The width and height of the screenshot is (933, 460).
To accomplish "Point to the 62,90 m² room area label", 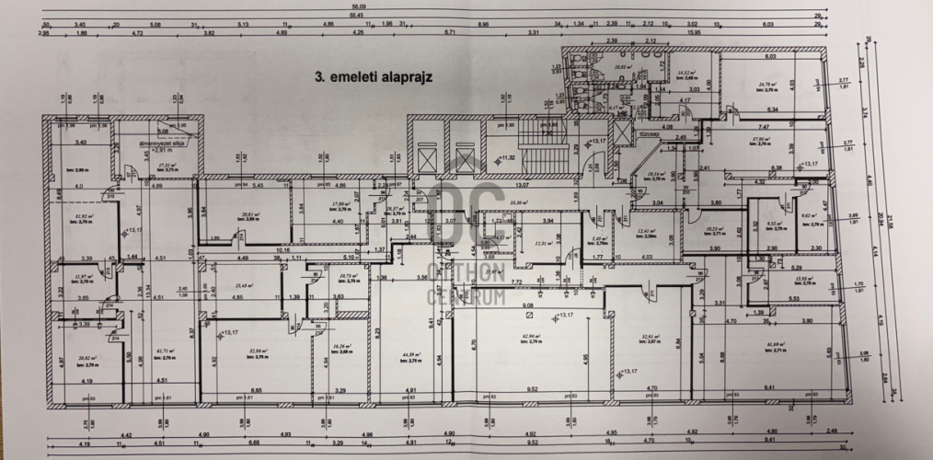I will tap(531, 339).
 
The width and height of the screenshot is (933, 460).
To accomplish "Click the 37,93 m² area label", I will tap(760, 140).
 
